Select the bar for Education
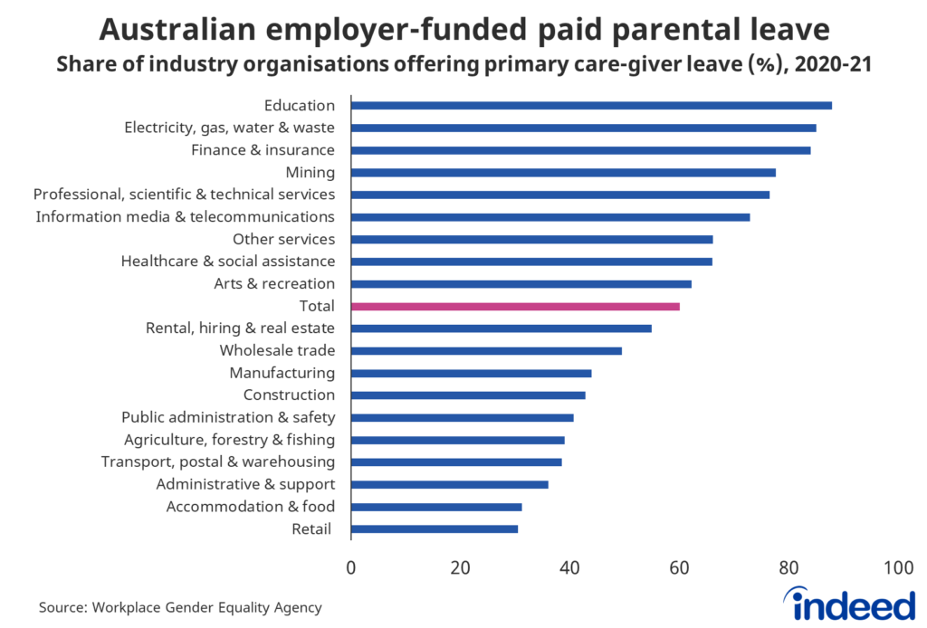click(591, 106)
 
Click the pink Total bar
click(515, 307)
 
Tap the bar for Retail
click(435, 529)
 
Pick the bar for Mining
click(563, 173)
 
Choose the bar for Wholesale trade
click(486, 351)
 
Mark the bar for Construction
click(468, 395)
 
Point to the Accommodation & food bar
click(436, 508)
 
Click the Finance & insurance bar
click(580, 150)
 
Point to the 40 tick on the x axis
click(569, 568)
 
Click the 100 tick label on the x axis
click(897, 568)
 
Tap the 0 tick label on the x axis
click(351, 568)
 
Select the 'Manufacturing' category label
click(282, 373)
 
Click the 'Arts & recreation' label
click(274, 284)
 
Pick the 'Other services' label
click(283, 240)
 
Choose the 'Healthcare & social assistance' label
click(228, 262)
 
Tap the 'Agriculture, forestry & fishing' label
click(229, 441)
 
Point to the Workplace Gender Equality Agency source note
click(180, 608)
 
